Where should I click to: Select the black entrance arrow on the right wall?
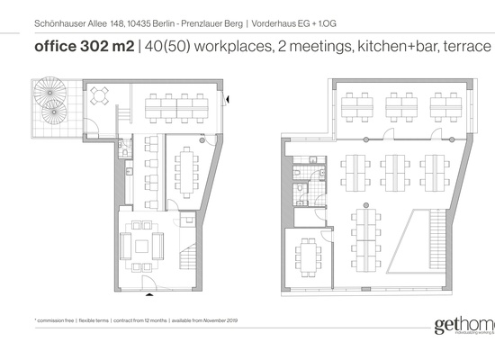[227, 99]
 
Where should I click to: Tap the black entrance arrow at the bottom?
[150, 293]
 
